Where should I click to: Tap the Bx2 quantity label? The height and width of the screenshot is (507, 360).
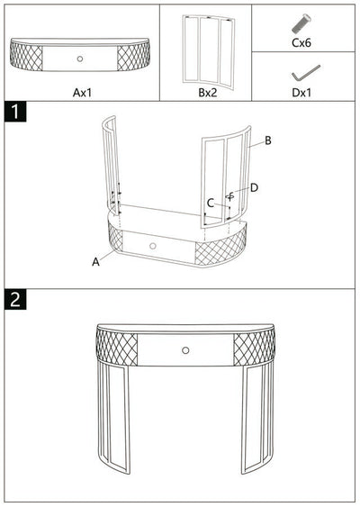click(206, 91)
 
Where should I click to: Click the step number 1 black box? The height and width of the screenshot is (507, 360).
click(16, 113)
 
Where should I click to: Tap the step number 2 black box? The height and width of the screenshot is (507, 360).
click(16, 300)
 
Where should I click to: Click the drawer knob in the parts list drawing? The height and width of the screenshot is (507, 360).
click(81, 59)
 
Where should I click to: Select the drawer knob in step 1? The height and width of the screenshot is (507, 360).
click(152, 246)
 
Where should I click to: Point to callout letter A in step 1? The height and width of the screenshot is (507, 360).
click(94, 261)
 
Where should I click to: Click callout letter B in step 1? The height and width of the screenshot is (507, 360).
click(267, 141)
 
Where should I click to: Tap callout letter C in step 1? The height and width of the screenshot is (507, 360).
click(210, 203)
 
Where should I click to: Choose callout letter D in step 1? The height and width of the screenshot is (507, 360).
click(254, 187)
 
